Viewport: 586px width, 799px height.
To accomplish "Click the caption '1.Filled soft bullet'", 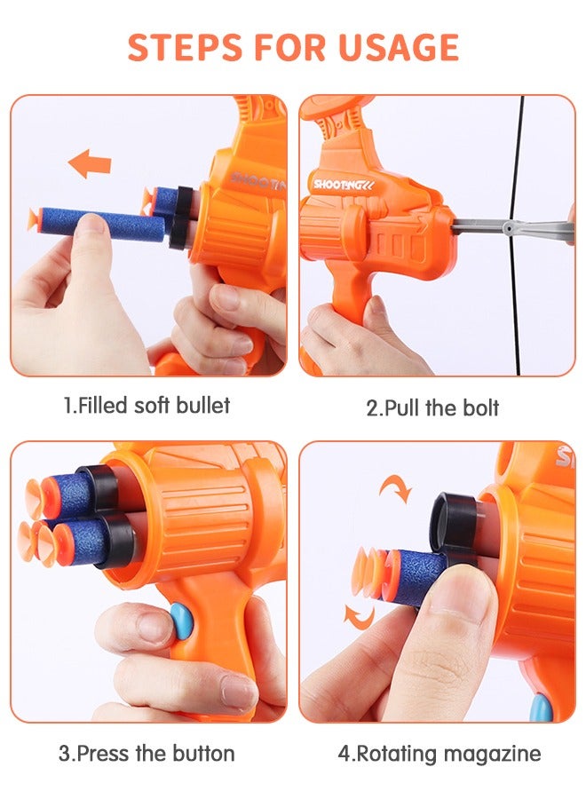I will click(x=146, y=406).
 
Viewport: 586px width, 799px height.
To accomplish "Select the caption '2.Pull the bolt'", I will click(x=432, y=407).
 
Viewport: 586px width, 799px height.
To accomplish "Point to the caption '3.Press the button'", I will click(x=146, y=754).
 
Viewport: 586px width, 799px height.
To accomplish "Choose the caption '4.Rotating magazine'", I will click(x=439, y=754).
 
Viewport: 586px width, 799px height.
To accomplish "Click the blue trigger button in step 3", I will click(x=179, y=618).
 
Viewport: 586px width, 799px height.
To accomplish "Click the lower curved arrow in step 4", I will click(x=359, y=615).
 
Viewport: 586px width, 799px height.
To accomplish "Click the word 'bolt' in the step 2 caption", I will click(x=479, y=407).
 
